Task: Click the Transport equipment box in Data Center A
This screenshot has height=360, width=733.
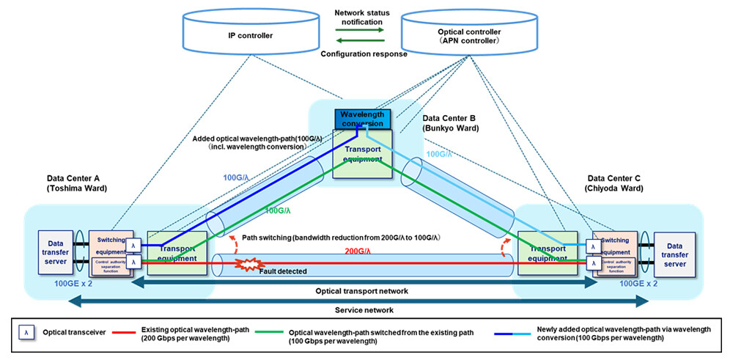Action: click(176, 253)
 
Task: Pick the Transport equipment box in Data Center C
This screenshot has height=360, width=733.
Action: click(547, 253)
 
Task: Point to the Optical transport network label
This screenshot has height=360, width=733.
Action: click(364, 291)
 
